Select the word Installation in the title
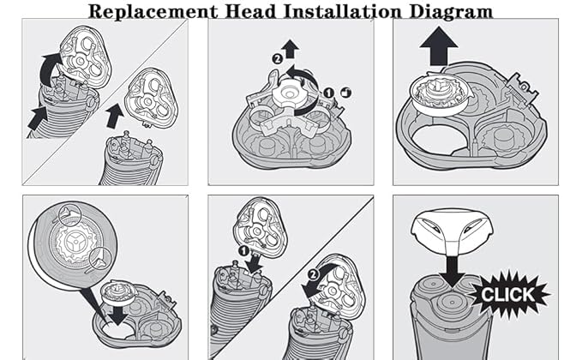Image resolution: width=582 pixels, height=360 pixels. [x=344, y=11]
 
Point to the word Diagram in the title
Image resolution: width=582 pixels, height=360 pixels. [x=450, y=11]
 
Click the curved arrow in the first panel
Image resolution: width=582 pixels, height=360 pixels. [x=51, y=68]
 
